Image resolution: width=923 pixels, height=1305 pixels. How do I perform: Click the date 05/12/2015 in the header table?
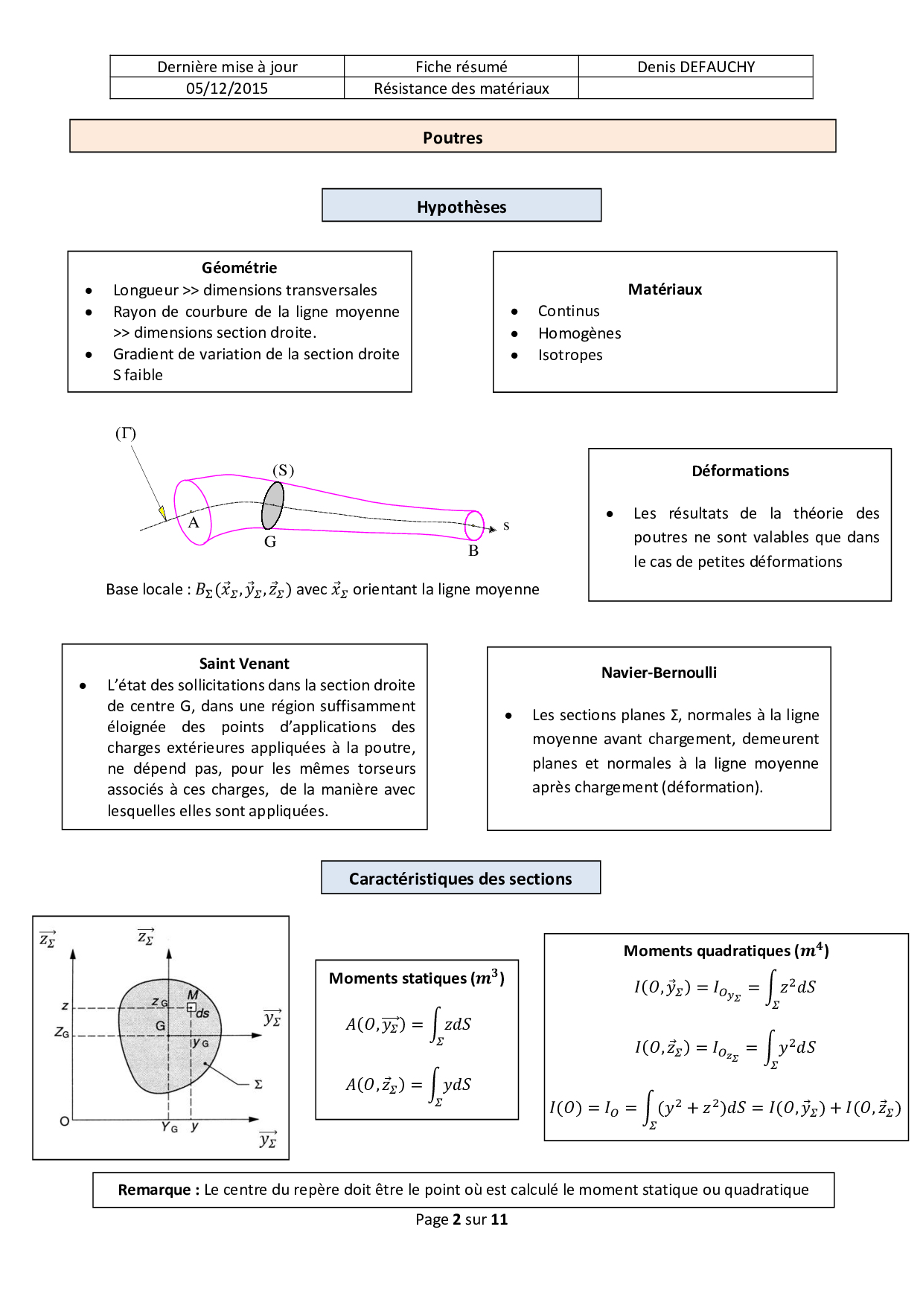pyautogui.click(x=227, y=89)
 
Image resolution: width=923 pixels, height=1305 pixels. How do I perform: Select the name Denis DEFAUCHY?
pyautogui.click(x=696, y=67)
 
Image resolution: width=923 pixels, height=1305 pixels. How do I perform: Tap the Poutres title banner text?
pyautogui.click(x=453, y=138)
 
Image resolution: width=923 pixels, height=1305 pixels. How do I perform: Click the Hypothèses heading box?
pyautogui.click(x=461, y=206)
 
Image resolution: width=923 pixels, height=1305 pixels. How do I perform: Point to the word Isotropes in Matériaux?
pyautogui.click(x=570, y=355)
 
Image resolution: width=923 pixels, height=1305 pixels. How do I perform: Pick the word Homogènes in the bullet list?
pyautogui.click(x=579, y=333)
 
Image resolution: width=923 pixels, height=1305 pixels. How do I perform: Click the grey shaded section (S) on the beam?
pyautogui.click(x=272, y=505)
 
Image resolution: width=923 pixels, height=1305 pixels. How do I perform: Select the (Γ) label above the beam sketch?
pyautogui.click(x=126, y=433)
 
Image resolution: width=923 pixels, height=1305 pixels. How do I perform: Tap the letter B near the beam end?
pyautogui.click(x=473, y=551)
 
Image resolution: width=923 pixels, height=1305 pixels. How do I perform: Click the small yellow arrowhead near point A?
pyautogui.click(x=162, y=513)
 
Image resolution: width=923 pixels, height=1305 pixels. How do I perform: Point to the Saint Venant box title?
pyautogui.click(x=244, y=664)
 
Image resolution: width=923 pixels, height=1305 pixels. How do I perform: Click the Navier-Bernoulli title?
pyautogui.click(x=659, y=673)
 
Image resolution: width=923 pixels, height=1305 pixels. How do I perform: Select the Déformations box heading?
pyautogui.click(x=740, y=471)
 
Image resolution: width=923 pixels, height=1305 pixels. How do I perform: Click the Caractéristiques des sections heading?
pyautogui.click(x=461, y=879)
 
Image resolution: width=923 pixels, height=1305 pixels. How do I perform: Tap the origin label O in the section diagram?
pyautogui.click(x=65, y=1121)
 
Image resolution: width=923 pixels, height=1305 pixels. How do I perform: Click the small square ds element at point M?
pyautogui.click(x=191, y=1007)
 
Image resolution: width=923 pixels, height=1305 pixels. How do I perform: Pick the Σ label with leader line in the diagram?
pyautogui.click(x=258, y=1084)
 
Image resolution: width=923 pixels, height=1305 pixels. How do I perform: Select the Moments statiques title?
pyautogui.click(x=417, y=978)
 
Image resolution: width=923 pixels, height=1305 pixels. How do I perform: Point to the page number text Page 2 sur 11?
pyautogui.click(x=461, y=1219)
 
